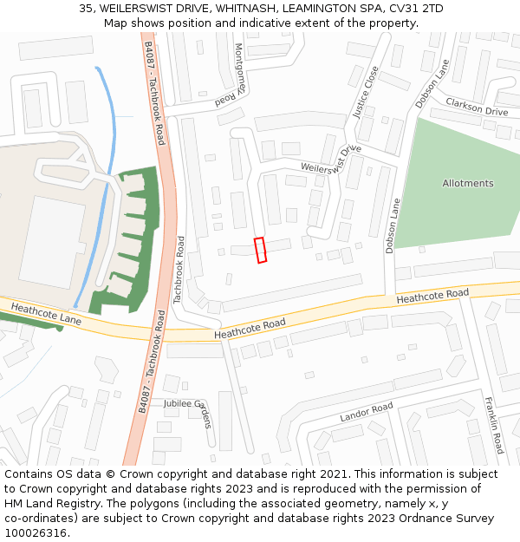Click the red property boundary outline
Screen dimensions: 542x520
tap(260, 249)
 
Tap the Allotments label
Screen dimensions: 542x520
tap(468, 184)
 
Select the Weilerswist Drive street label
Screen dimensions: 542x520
tap(330, 159)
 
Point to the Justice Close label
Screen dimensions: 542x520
tap(367, 91)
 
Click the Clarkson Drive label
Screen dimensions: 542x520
tap(477, 108)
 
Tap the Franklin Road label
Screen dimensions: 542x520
tap(494, 425)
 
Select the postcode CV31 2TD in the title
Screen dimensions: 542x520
tap(413, 8)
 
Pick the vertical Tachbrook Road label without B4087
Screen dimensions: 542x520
tap(179, 269)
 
